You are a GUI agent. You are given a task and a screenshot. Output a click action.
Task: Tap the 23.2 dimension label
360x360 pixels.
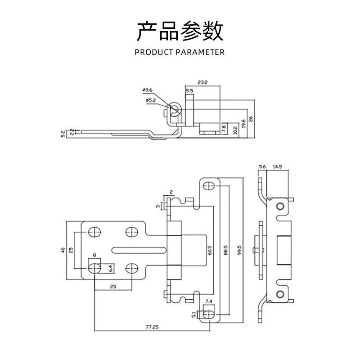(x=202, y=83)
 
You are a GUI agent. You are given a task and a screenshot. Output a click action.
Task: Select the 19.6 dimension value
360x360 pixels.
(x=244, y=123)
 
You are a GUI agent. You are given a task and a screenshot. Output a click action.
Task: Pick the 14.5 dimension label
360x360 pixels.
(x=277, y=167)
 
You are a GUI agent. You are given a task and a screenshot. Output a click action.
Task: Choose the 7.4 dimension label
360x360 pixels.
(x=208, y=301)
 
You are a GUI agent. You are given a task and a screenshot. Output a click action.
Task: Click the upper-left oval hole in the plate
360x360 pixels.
(x=94, y=232)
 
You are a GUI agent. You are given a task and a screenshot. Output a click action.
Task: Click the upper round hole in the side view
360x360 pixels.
(x=280, y=207)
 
